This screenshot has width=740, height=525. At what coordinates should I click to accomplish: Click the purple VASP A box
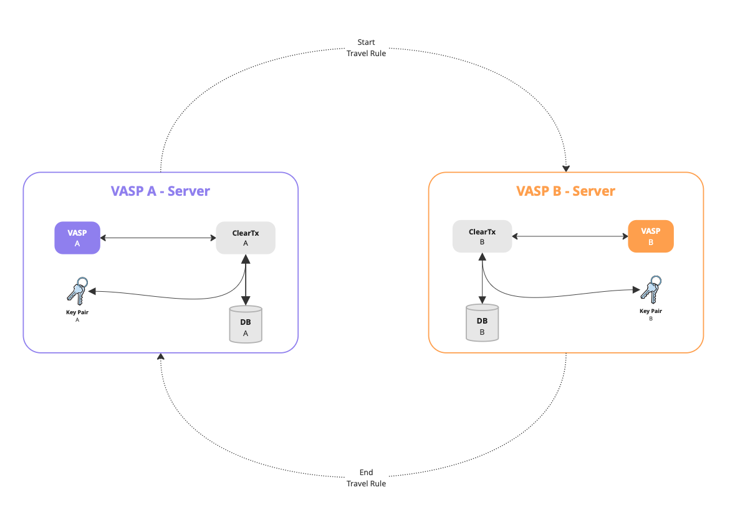(77, 238)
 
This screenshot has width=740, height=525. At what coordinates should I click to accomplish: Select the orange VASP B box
(651, 236)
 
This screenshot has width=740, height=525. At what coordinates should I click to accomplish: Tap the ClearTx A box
(246, 238)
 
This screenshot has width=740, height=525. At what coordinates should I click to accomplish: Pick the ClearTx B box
(482, 236)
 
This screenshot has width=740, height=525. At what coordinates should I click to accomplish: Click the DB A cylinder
(246, 324)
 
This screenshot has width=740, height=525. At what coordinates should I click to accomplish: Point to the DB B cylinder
(482, 322)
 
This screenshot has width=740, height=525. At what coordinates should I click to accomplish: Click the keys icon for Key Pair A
(77, 289)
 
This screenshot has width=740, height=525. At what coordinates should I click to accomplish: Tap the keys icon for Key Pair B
(650, 289)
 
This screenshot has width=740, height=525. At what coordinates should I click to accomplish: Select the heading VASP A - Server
(160, 191)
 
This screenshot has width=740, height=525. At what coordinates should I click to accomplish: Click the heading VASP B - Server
(565, 191)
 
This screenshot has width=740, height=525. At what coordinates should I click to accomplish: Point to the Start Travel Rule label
(366, 48)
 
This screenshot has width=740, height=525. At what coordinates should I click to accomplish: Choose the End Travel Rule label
(366, 478)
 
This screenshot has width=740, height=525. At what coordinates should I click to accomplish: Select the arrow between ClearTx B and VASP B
(570, 236)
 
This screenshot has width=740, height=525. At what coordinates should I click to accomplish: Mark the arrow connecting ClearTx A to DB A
(246, 281)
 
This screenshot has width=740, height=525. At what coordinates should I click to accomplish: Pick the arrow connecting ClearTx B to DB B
(482, 279)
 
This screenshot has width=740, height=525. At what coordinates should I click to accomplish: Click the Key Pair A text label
(77, 312)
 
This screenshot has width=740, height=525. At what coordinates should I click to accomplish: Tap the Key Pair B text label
(650, 311)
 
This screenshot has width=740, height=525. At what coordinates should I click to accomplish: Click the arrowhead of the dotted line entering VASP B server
(566, 168)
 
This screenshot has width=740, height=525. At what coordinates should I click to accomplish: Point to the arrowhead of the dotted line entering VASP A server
(161, 357)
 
